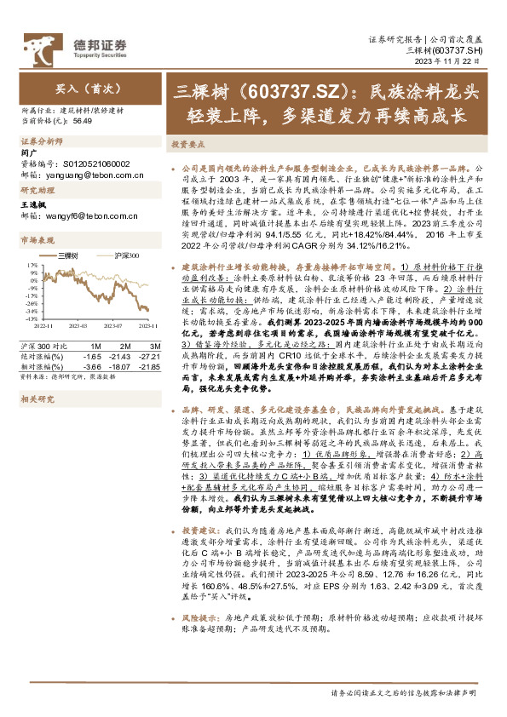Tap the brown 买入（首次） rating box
89,87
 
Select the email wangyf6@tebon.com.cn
89,216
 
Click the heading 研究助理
37,191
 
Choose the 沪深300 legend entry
126,255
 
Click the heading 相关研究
37,398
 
